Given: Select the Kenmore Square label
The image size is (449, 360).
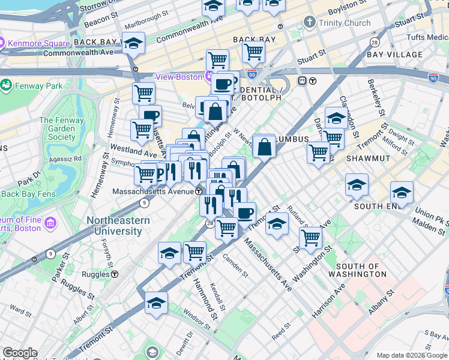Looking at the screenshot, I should pyautogui.click(x=35, y=43).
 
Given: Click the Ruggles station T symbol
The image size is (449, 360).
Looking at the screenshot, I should pyautogui.click(x=114, y=274).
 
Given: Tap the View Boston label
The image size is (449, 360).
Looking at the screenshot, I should pyautogui.click(x=179, y=77).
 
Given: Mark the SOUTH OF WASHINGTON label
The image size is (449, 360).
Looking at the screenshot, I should pyautogui.click(x=366, y=270).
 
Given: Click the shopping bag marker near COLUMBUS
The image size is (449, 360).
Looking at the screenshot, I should pyautogui.click(x=264, y=146).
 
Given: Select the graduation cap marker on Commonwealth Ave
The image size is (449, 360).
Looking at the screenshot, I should pyautogui.click(x=134, y=44).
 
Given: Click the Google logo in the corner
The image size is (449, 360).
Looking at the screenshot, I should pyautogui.click(x=20, y=353).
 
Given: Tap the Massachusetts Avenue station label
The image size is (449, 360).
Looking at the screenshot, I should pyautogui.click(x=153, y=191).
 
